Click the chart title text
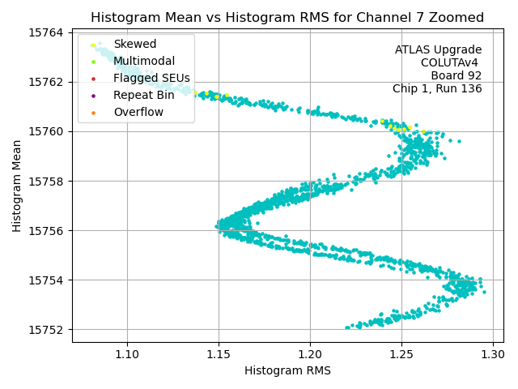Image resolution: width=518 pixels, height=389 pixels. point(287,17)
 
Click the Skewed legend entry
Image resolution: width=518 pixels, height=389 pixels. point(134,44)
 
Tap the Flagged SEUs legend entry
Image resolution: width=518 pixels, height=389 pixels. point(151,78)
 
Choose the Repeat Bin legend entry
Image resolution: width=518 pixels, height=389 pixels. point(143,95)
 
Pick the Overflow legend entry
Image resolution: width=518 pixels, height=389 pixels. point(138,112)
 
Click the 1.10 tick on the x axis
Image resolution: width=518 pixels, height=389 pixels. point(127,355)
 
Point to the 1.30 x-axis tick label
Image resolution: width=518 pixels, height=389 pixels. point(493,355)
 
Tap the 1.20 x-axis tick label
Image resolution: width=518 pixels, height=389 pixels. point(310,355)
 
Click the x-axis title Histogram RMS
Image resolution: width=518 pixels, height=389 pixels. point(287,371)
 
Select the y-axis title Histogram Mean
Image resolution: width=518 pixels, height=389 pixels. point(17,186)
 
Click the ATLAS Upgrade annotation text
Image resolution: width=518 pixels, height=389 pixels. point(438,50)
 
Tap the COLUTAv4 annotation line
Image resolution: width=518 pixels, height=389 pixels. point(451,62)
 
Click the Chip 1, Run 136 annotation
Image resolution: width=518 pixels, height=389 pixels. point(437,88)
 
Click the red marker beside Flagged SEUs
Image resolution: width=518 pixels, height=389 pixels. point(94,79)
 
